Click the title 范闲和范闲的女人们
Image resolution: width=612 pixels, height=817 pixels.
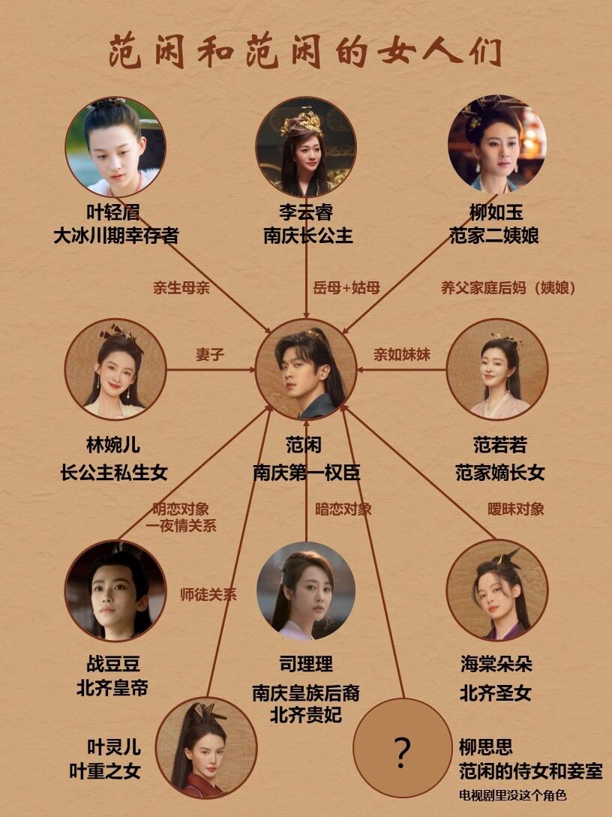pyautogui.click(x=305, y=52)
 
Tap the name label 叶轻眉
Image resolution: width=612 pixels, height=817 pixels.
pyautogui.click(x=115, y=212)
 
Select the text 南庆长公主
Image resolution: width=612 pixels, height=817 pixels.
pyautogui.click(x=307, y=236)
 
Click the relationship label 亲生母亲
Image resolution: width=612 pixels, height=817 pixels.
pyautogui.click(x=181, y=287)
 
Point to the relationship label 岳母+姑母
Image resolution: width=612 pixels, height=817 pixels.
pyautogui.click(x=346, y=287)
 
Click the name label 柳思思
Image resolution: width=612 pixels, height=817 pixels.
pyautogui.click(x=485, y=747)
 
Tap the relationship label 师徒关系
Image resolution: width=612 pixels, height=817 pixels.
pyautogui.click(x=208, y=595)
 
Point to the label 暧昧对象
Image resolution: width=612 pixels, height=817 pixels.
pyautogui.click(x=516, y=509)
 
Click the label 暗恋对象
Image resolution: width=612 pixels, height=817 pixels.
pyautogui.click(x=343, y=509)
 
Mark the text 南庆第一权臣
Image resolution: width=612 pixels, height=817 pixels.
pyautogui.click(x=306, y=473)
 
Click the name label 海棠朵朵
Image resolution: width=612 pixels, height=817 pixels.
pyautogui.click(x=496, y=665)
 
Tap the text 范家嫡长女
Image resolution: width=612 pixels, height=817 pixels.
pyautogui.click(x=499, y=473)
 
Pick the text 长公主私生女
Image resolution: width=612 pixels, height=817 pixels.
pyautogui.click(x=114, y=473)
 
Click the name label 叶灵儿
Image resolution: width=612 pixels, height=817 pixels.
pyautogui.click(x=114, y=747)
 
